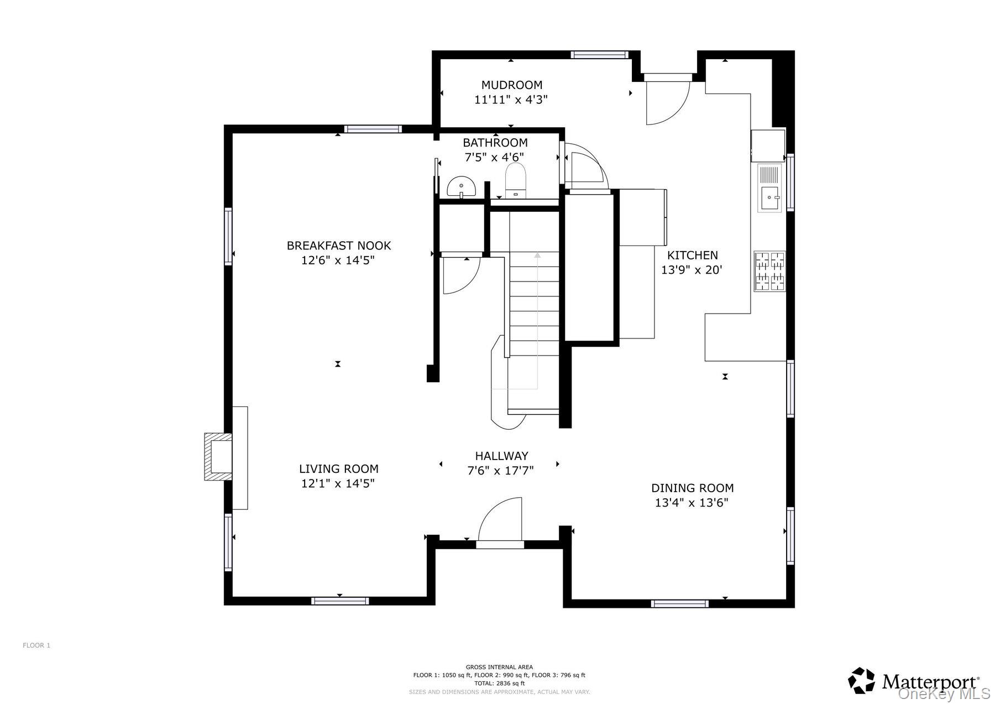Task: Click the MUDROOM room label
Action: point(511,85)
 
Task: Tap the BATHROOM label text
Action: point(495,143)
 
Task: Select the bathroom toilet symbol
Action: point(516,180)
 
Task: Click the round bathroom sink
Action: point(461,186)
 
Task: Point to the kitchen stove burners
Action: point(769,271)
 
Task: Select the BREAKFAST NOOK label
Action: point(338,246)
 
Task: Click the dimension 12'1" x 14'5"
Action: point(338,483)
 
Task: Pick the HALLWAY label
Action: point(501,456)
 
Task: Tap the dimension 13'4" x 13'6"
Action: point(692,503)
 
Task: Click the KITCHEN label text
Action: point(692,255)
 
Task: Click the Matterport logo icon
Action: point(862,680)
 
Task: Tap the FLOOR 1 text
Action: point(36,645)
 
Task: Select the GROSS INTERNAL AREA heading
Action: point(499,667)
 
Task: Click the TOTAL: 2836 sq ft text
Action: point(499,684)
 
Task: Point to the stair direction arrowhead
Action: point(537,255)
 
